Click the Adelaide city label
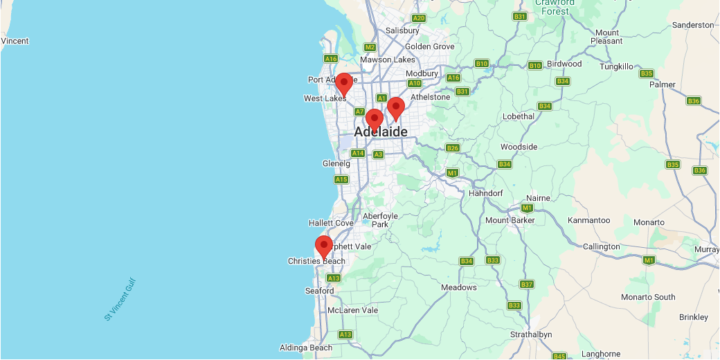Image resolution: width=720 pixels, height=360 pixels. coord(380,132)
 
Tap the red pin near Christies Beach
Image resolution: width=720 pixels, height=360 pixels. coord(323,246)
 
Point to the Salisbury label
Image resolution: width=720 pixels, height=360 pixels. coord(402,30)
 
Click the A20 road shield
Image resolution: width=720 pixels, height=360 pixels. coord(418,19)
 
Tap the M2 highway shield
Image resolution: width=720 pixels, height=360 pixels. coord(370,47)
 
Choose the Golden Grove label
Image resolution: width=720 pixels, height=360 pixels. coord(429,46)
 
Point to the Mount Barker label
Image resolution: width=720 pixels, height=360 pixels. coord(511,220)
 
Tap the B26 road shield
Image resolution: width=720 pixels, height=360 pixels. coord(453,148)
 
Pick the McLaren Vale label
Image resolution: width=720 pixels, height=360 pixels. coord(352,310)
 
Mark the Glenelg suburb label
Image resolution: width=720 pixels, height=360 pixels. coord(337,163)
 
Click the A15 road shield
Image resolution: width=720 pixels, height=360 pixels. coord(341,179)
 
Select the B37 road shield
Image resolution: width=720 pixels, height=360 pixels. coord(527,285)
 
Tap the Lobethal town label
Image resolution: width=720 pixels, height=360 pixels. coord(519,116)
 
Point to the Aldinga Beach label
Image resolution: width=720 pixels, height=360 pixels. coord(306,348)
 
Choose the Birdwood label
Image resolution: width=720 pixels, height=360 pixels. coord(564,64)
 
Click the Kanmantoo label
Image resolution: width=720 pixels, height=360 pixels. coord(588,220)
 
